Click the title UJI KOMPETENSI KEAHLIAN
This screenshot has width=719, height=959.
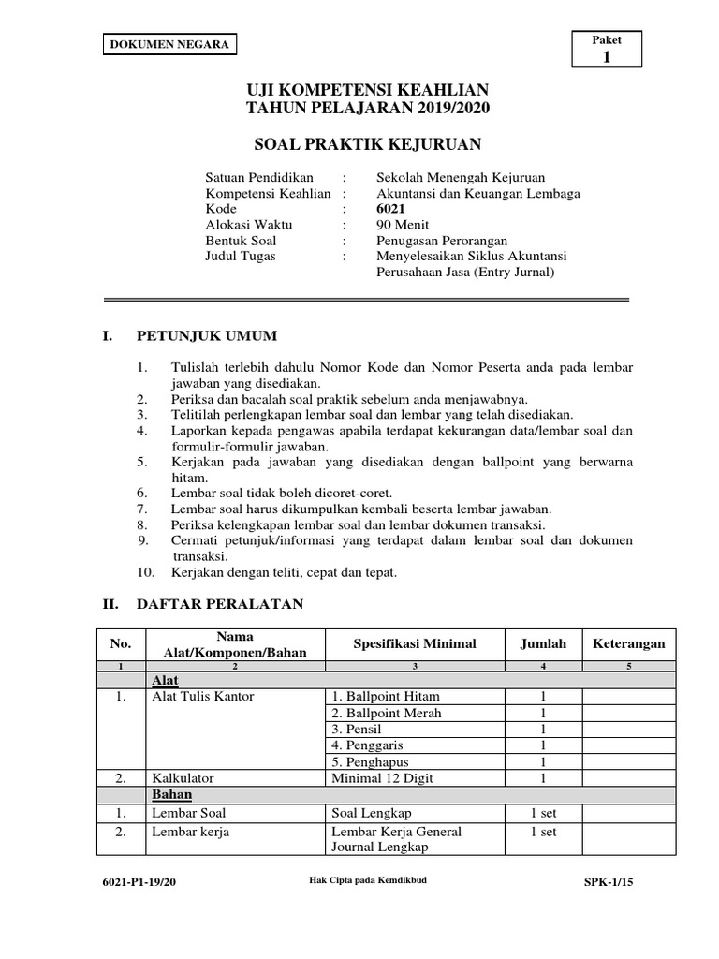[367, 90]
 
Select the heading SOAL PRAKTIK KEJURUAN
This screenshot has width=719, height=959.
[367, 144]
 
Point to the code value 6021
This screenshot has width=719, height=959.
[391, 209]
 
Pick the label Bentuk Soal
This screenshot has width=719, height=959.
[241, 241]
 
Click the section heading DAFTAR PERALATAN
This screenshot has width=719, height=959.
[220, 604]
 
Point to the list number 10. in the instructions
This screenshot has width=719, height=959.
[145, 572]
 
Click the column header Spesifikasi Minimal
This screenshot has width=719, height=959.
[414, 643]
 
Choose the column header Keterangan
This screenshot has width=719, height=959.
[628, 643]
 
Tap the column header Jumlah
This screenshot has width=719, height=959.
[543, 643]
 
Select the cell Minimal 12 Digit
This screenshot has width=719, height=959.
[382, 777]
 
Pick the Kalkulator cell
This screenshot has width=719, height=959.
[183, 777]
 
